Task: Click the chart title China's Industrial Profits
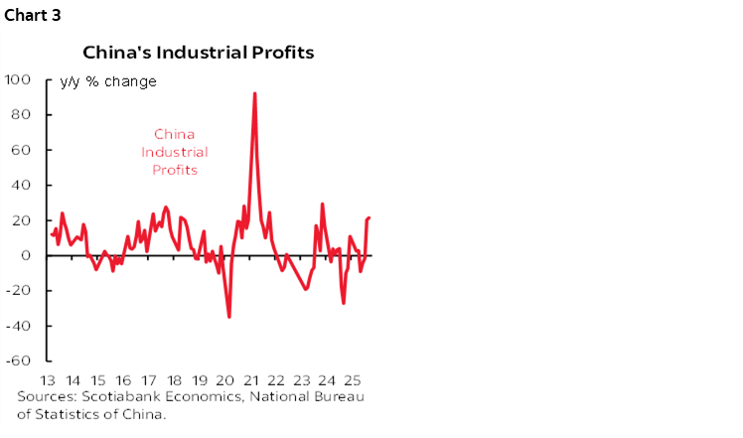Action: pyautogui.click(x=199, y=52)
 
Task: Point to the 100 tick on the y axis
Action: pyautogui.click(x=20, y=79)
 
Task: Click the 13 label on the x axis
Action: pyautogui.click(x=47, y=381)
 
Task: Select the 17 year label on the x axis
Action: pyautogui.click(x=148, y=381)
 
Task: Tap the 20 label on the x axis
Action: pyautogui.click(x=224, y=381)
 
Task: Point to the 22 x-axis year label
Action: pyautogui.click(x=275, y=381)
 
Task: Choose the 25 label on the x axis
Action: pyautogui.click(x=352, y=381)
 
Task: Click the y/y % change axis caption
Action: pyautogui.click(x=107, y=81)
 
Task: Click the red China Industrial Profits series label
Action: pyautogui.click(x=174, y=152)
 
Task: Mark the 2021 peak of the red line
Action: pyautogui.click(x=255, y=93)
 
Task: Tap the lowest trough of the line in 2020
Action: pyautogui.click(x=229, y=316)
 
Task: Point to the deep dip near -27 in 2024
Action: pyautogui.click(x=344, y=303)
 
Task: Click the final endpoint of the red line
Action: pyautogui.click(x=370, y=218)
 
